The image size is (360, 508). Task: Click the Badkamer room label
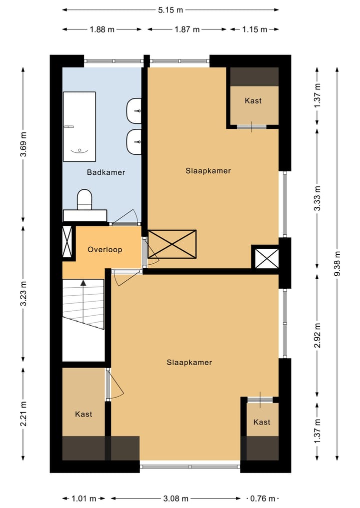click(x=105, y=172)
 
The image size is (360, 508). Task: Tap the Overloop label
click(x=105, y=249)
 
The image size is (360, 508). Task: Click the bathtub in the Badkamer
click(x=79, y=127)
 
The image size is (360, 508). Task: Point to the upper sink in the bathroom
click(x=134, y=111)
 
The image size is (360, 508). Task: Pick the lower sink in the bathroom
click(x=134, y=142)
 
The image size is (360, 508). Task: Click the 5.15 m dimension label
click(x=170, y=10)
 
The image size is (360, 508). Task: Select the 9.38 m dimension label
click(x=337, y=263)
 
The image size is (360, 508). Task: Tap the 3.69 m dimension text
click(x=23, y=144)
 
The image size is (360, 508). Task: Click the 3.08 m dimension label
click(x=175, y=499)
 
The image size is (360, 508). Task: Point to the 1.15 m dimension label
click(x=254, y=29)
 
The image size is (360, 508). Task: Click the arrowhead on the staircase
click(x=83, y=283)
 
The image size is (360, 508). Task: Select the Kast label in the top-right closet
click(x=253, y=101)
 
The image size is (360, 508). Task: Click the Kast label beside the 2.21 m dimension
click(x=83, y=414)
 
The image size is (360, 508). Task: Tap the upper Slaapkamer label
click(x=208, y=171)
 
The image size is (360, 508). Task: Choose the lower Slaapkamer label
click(x=189, y=362)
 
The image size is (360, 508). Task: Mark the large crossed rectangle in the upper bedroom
click(x=172, y=244)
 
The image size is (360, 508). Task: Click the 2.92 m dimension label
click(x=317, y=335)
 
